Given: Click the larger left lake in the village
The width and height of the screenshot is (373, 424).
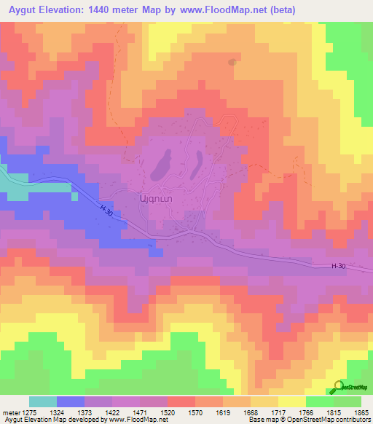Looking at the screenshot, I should (x=161, y=166).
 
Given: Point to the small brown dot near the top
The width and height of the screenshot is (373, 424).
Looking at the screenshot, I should (x=232, y=62).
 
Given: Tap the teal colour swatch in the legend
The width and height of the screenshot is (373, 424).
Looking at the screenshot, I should (x=43, y=401).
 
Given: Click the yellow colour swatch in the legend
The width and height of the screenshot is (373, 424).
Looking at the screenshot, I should (x=292, y=401).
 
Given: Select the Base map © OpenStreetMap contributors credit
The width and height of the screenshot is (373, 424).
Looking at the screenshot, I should (x=308, y=420).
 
